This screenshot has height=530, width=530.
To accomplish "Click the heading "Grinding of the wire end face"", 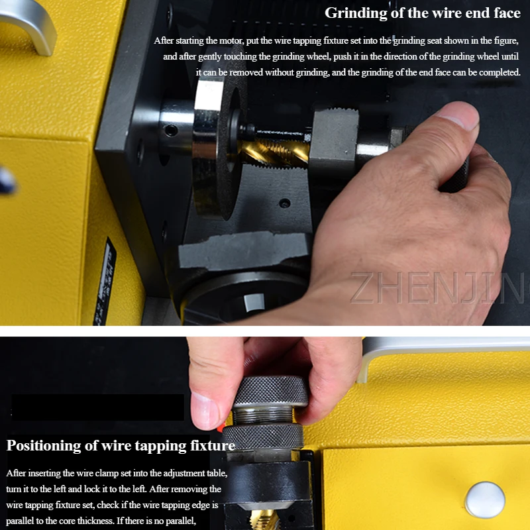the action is click(x=423, y=13).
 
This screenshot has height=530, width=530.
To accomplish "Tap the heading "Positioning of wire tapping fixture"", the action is click(x=121, y=445).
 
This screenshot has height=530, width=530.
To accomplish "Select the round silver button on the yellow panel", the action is click(x=485, y=500).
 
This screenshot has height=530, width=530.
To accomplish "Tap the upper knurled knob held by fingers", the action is click(x=271, y=392).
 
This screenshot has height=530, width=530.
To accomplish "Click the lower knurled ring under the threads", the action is click(x=263, y=437).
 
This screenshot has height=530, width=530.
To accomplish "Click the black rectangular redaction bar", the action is click(x=97, y=407).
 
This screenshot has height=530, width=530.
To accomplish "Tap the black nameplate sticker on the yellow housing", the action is click(x=105, y=282).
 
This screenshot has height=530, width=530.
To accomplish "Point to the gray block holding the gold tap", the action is click(x=335, y=139).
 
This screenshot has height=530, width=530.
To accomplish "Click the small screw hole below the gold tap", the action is click(x=285, y=203).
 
